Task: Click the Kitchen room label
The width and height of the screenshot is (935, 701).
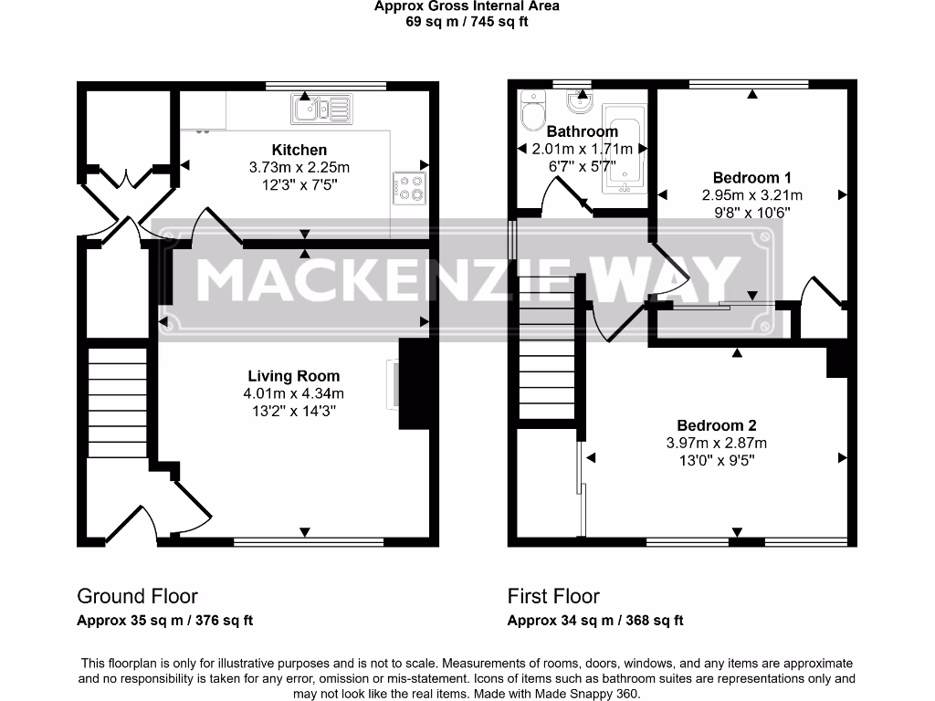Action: [x=299, y=150]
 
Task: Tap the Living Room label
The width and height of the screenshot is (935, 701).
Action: [x=293, y=376]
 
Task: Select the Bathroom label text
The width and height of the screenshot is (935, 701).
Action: [x=582, y=131]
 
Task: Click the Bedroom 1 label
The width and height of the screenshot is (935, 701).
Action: [x=751, y=177]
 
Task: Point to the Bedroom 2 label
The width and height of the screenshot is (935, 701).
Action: [x=716, y=425]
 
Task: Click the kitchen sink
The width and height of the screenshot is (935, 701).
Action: [x=321, y=110]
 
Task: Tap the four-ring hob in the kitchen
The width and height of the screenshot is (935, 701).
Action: [x=410, y=188]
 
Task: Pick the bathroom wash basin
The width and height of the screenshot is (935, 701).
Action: [x=582, y=99]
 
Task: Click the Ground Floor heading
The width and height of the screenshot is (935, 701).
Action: [x=137, y=596]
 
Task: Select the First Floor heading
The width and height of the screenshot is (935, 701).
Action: [x=553, y=596]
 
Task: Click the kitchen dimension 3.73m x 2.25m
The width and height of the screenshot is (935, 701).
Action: [x=299, y=167]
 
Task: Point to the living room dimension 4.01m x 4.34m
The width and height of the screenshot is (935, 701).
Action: [x=293, y=393]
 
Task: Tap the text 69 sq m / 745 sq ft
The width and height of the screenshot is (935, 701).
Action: [x=467, y=22]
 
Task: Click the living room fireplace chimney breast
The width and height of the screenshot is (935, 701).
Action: [x=414, y=384]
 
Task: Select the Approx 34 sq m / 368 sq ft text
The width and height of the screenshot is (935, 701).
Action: [x=595, y=621]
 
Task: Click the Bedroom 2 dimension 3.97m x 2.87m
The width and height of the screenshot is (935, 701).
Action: [x=716, y=443]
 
